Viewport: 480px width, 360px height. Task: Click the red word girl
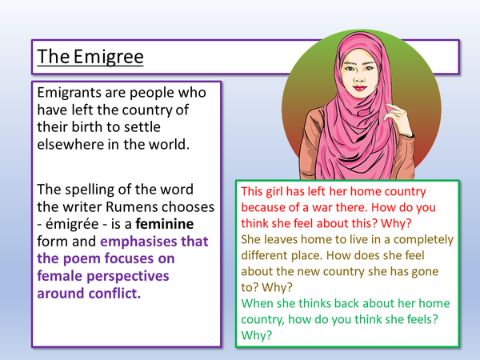tap(281, 192)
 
